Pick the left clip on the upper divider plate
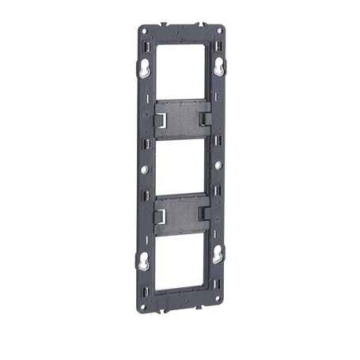[162, 119]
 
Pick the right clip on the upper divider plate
[203, 119]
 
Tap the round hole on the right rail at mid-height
[218, 166]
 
